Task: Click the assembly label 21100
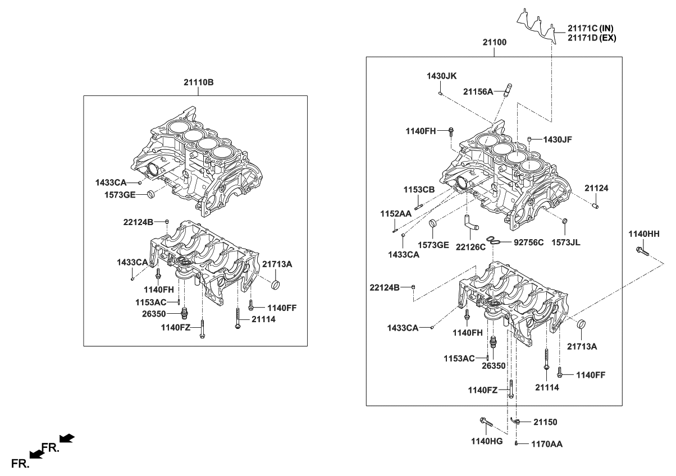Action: pos(494,42)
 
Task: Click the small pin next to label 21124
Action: pos(596,206)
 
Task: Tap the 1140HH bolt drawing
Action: pos(641,251)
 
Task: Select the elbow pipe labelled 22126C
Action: pos(469,223)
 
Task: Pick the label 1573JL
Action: pos(565,242)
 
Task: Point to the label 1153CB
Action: pos(419,190)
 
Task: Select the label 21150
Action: pos(545,421)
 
